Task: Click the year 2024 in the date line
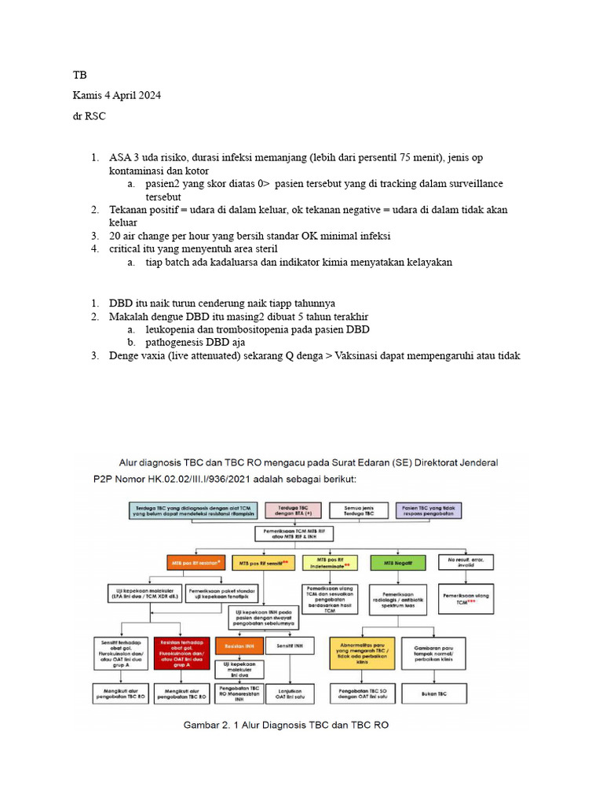click(x=148, y=95)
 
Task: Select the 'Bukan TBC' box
click(x=430, y=694)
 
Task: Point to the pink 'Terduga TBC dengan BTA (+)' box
click(x=291, y=510)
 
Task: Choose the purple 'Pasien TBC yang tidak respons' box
click(x=431, y=510)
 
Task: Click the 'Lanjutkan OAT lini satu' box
click(x=290, y=694)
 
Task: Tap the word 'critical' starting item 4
click(x=126, y=248)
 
